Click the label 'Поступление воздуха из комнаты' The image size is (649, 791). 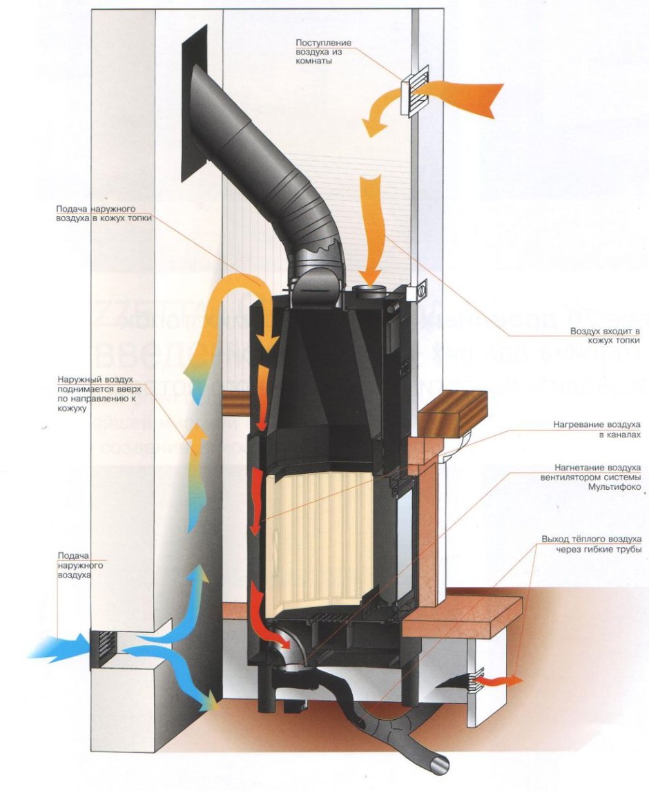pos(324,52)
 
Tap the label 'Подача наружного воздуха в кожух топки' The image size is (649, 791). pos(103,213)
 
